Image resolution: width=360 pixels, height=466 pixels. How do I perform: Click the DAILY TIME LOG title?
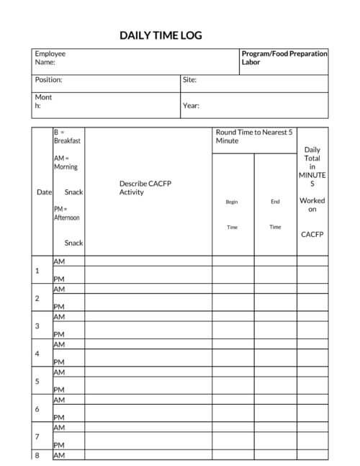(161, 35)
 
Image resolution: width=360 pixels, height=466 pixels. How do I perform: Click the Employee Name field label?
(50, 58)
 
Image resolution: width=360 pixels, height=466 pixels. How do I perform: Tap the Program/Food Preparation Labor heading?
(284, 58)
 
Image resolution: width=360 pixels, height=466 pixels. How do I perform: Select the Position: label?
(48, 80)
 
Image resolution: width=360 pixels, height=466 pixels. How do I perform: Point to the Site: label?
(190, 80)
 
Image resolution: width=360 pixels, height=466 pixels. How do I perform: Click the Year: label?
(191, 106)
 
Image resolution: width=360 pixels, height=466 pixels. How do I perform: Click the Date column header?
(44, 192)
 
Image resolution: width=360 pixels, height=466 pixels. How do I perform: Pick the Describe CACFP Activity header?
(145, 188)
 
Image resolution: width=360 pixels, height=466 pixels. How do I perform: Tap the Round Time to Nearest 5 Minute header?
(254, 136)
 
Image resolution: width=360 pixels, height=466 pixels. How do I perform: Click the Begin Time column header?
(232, 214)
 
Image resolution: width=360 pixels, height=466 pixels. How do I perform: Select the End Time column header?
(275, 214)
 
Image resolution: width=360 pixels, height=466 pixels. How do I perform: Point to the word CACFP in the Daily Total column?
(312, 234)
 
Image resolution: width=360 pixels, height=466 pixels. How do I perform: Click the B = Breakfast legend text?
(67, 137)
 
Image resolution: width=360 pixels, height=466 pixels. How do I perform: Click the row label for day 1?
(37, 271)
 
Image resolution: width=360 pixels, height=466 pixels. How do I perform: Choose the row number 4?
(37, 354)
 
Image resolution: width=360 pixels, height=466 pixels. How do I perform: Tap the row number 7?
(37, 437)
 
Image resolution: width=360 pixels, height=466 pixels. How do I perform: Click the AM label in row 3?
(59, 317)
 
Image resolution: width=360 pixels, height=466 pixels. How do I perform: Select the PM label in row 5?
(59, 390)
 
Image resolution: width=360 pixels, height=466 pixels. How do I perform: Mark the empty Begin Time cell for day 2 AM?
(233, 289)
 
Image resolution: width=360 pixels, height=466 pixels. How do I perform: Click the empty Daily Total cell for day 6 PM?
(312, 416)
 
